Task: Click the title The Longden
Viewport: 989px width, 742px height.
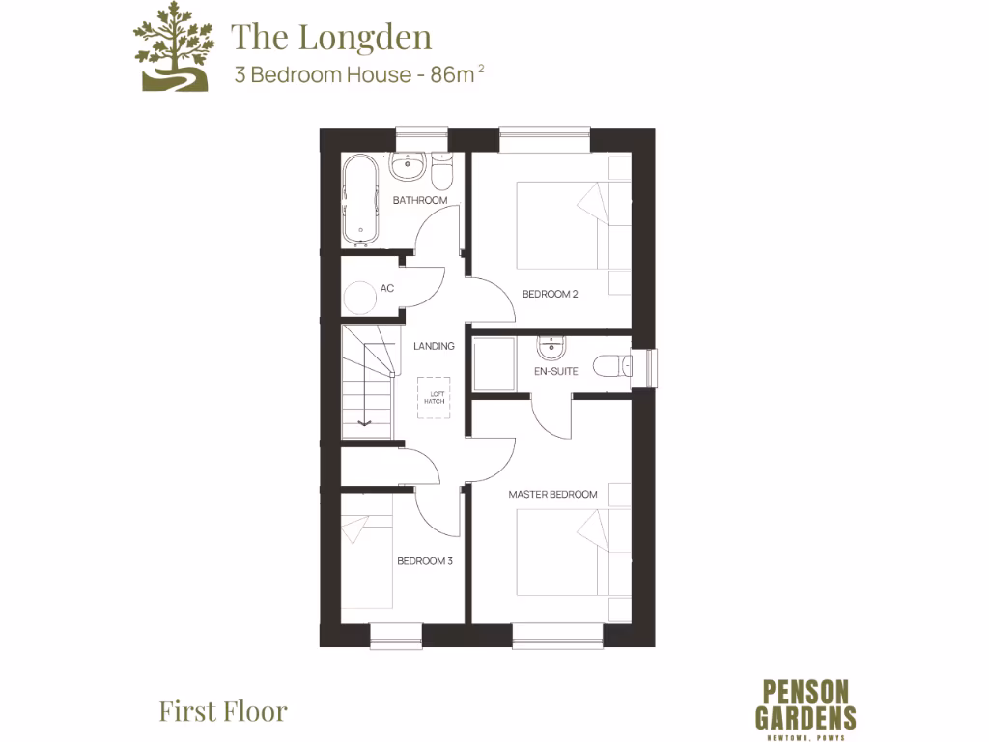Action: [330, 37]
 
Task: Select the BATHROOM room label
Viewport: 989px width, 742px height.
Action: [420, 200]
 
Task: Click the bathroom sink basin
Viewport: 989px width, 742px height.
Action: [409, 166]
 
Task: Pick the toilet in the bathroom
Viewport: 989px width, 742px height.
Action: [442, 172]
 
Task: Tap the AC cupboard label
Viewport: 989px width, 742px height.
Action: [387, 288]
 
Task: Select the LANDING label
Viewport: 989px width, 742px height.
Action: [434, 346]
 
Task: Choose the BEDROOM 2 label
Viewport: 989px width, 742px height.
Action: [550, 294]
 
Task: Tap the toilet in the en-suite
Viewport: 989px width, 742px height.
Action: [612, 366]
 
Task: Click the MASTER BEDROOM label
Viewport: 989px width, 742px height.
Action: [553, 495]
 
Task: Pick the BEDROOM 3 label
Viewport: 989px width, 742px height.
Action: [425, 560]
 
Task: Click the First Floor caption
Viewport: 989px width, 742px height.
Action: [223, 712]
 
